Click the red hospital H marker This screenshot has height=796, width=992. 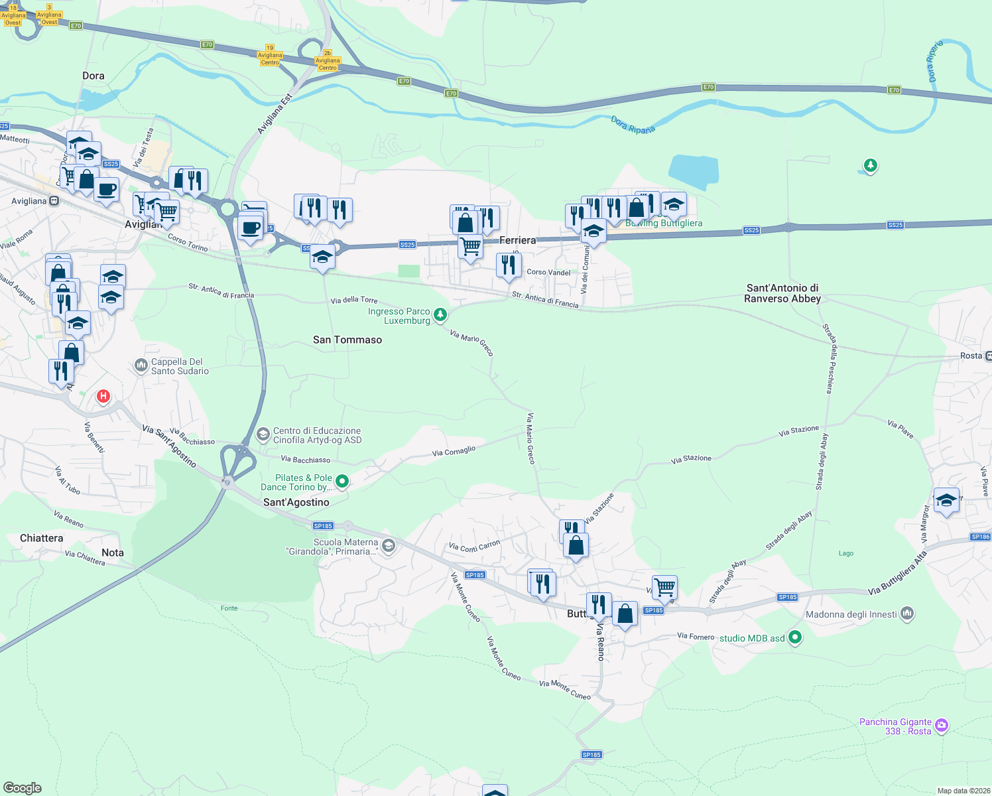[103, 397]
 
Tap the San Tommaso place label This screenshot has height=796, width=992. [347, 340]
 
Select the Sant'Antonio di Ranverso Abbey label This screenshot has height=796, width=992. [782, 293]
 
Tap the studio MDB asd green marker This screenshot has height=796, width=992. [795, 637]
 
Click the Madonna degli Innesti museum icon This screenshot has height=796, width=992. [907, 614]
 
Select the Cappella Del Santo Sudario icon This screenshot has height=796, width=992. [141, 365]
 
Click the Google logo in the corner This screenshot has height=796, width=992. [22, 787]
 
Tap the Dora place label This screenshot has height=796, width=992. [93, 76]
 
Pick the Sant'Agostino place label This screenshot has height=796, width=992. [296, 502]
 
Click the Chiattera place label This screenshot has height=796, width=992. [42, 538]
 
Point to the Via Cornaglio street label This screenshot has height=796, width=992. [454, 452]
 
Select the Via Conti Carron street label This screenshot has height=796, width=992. [474, 546]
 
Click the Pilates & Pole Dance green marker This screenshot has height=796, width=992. [342, 482]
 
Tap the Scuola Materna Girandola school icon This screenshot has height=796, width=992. [389, 546]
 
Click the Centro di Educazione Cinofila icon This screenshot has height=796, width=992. [263, 434]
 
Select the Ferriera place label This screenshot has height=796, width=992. [517, 240]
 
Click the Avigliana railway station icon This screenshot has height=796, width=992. [54, 200]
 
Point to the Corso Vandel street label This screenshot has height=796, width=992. [548, 272]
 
